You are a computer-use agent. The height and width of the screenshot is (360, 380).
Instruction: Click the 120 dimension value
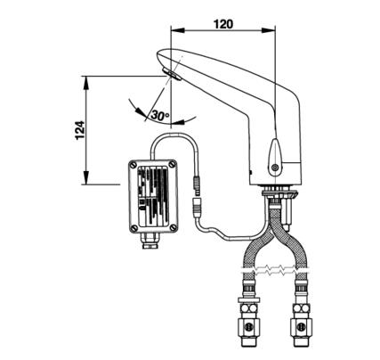[223, 24]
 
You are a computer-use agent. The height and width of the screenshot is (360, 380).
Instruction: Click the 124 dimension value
[80, 130]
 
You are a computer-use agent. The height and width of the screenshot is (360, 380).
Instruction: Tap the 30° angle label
[160, 115]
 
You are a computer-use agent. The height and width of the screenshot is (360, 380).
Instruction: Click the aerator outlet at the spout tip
[171, 74]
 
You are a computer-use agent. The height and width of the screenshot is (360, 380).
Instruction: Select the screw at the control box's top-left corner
[133, 164]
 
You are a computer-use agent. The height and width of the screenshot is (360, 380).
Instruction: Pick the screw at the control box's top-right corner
[173, 164]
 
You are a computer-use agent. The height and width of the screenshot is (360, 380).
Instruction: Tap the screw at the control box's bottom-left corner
[133, 228]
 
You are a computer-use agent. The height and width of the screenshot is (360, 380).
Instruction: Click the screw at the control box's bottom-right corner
[174, 228]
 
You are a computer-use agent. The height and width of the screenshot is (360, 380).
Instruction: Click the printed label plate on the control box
[153, 195]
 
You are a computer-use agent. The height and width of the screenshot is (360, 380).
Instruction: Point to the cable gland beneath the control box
[150, 241]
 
